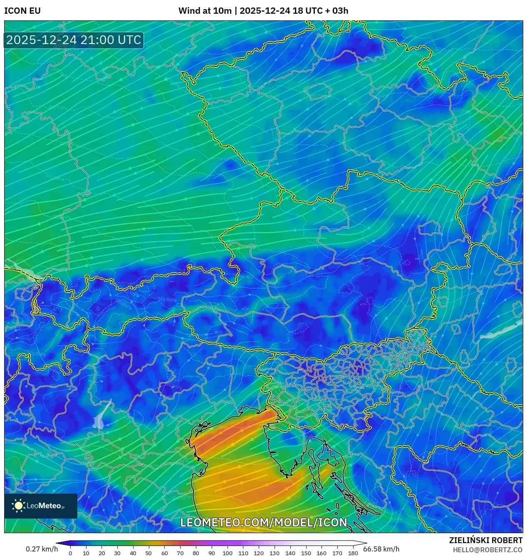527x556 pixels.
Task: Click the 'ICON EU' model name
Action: pos(22,11)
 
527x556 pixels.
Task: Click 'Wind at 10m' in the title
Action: pos(205,11)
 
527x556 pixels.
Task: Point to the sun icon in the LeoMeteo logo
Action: pos(19,505)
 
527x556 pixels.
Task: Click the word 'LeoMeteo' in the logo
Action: pos(44,506)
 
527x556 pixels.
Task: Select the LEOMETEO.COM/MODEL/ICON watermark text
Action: pos(263,522)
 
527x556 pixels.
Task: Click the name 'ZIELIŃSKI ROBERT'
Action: pos(485,540)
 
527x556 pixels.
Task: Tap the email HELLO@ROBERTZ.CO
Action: pos(487,550)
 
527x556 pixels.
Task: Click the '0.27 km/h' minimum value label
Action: pos(42,549)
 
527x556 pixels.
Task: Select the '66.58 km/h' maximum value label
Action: pos(381,549)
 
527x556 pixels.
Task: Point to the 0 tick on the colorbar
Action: pos(70,553)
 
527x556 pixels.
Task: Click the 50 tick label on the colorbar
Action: pos(148,553)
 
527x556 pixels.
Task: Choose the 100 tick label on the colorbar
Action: pos(227,553)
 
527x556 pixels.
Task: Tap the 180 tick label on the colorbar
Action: pos(353,553)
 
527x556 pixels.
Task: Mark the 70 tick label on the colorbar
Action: pos(180,553)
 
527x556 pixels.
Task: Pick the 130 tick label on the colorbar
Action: pos(274,553)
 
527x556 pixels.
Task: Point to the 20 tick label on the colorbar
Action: pos(101,553)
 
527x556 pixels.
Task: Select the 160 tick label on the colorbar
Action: pos(321,553)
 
